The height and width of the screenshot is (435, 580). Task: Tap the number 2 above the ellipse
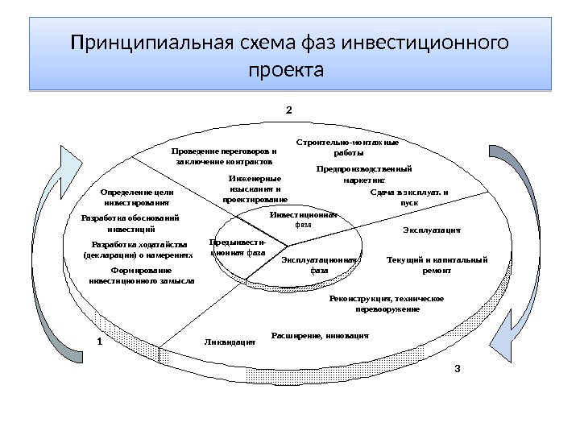coord(289,106)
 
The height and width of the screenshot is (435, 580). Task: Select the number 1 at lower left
coord(99,341)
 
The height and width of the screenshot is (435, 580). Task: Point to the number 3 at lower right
coord(457,369)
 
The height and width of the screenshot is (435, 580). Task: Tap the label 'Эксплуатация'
coord(431,230)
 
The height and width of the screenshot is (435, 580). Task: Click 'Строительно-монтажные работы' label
coord(348,147)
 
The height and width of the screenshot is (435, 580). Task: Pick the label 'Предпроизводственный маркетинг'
coord(364,175)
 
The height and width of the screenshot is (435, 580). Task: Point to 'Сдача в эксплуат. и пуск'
coord(409,197)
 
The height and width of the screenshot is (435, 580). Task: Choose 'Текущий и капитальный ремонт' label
coord(437,265)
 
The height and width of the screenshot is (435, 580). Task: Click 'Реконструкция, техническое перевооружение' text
coord(387,304)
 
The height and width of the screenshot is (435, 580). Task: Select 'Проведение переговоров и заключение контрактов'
coord(224,155)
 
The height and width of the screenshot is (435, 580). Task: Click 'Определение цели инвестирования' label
coord(137,198)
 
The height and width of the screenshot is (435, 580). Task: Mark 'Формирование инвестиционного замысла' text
coord(142,276)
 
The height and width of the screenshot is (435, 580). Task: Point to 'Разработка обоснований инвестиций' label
coord(131,223)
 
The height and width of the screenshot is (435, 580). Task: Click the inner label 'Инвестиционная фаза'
coord(303,219)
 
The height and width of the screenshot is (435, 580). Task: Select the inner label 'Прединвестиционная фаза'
coord(237,246)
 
